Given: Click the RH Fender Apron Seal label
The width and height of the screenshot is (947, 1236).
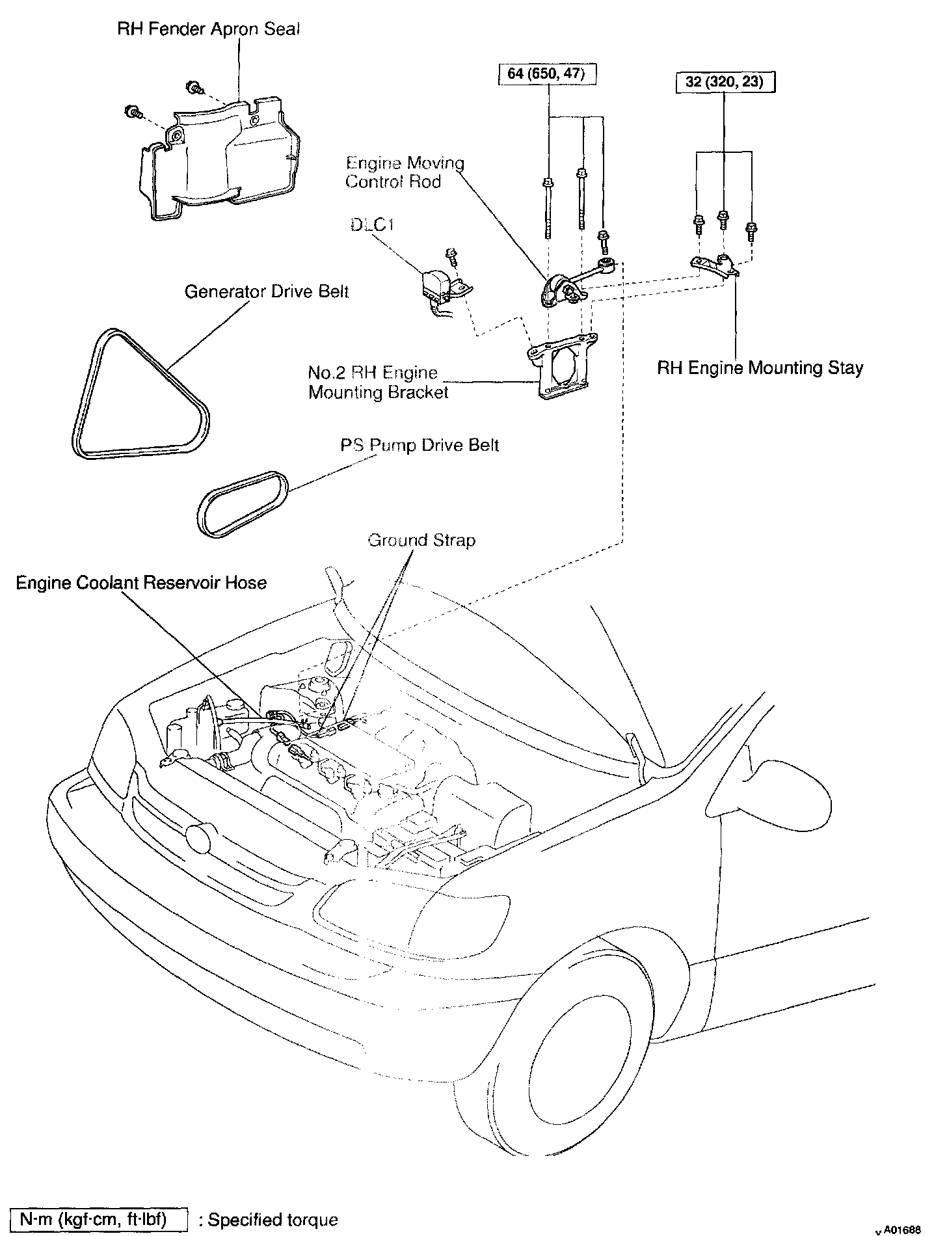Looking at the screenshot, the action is [x=209, y=30].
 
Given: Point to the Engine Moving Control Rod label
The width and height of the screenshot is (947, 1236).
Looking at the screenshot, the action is [x=404, y=172].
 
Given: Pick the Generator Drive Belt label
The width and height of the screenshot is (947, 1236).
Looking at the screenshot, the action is [x=267, y=291].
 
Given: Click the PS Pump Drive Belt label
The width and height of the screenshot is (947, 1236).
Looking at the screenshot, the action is [x=420, y=446].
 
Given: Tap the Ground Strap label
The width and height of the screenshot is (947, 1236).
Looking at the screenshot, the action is [x=421, y=541].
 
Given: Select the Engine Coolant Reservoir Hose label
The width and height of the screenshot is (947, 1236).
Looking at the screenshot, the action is [x=141, y=582].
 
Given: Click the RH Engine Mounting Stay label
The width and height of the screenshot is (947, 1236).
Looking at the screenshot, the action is [x=760, y=368].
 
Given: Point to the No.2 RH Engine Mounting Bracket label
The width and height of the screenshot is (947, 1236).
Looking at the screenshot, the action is [x=378, y=383].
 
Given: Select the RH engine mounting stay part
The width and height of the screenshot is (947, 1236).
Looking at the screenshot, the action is [x=713, y=266].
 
